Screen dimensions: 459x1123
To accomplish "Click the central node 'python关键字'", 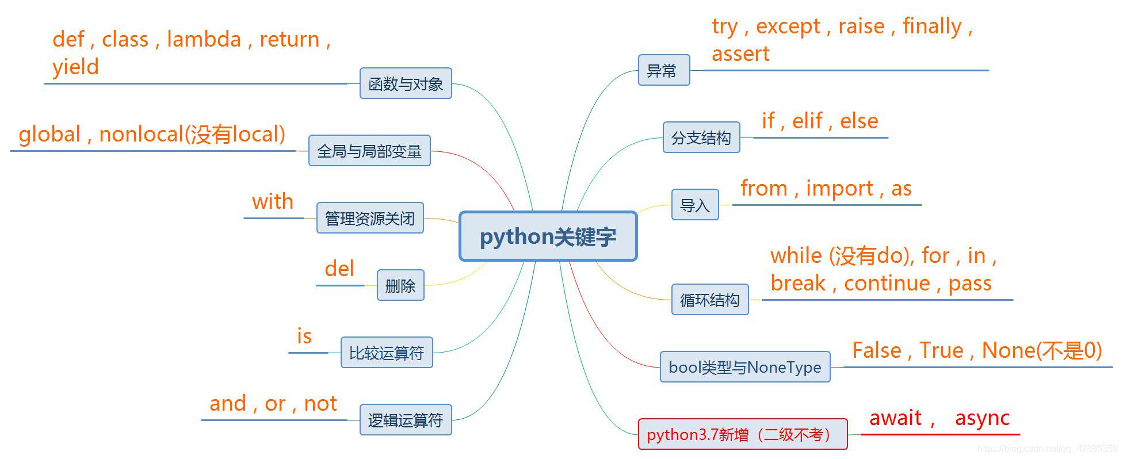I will (x=548, y=236).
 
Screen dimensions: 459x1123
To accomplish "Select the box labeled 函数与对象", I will (x=406, y=83).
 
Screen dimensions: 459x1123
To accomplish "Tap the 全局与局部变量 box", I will (x=369, y=151).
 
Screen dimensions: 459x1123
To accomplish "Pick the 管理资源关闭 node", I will (x=370, y=218).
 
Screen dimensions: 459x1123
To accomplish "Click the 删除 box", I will (x=400, y=285).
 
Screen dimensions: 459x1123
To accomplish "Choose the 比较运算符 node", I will (x=387, y=353).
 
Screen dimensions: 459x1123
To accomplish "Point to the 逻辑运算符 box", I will (x=406, y=420).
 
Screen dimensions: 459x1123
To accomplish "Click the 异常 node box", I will (x=663, y=70).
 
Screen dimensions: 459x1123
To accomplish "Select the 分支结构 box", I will (x=701, y=137).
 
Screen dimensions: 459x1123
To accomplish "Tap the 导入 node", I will (x=695, y=205).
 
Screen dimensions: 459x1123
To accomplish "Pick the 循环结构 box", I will (x=709, y=300).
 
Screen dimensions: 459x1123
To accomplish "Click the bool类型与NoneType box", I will (x=744, y=367).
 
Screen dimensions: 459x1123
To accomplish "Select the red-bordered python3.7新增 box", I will (x=742, y=434).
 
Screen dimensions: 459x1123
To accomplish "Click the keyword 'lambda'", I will (x=204, y=39).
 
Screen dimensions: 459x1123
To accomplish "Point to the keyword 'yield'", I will (x=75, y=67).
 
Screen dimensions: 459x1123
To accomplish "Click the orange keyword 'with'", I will (x=273, y=202).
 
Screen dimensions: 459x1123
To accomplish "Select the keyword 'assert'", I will (x=740, y=54).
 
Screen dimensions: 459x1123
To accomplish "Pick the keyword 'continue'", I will (x=887, y=283).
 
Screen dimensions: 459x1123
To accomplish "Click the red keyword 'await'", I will (x=895, y=418).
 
